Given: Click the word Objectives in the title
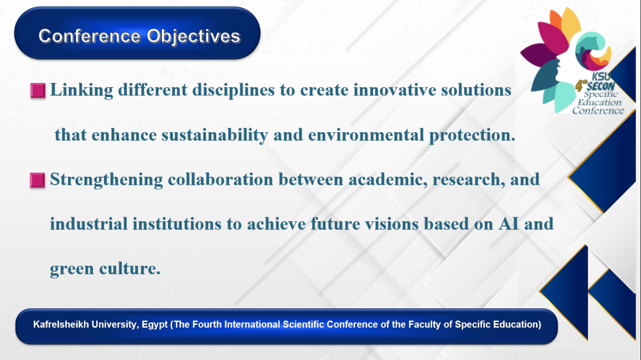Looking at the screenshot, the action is click(193, 37).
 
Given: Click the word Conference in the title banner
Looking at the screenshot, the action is click(90, 36).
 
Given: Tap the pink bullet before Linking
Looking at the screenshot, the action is click(38, 91).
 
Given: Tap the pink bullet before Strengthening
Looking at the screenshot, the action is click(38, 180).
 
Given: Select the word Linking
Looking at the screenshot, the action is click(82, 91).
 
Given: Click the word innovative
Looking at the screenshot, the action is click(395, 90).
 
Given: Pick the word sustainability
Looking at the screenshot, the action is click(215, 135).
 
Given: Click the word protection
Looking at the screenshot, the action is click(472, 135).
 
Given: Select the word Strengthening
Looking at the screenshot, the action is click(107, 180).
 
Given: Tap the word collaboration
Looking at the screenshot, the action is click(220, 180).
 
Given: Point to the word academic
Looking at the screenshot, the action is click(388, 180).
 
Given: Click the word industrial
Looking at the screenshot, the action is click(89, 224).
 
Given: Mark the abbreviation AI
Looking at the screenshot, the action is click(508, 224).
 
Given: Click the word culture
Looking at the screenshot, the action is click(130, 269).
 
